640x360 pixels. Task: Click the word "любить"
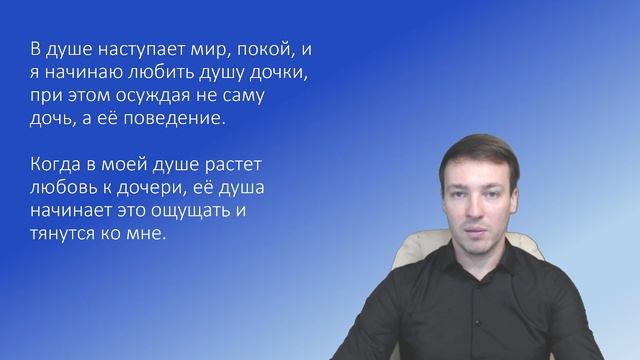pyautogui.click(x=161, y=75)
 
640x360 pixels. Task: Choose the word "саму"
pyautogui.click(x=255, y=98)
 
